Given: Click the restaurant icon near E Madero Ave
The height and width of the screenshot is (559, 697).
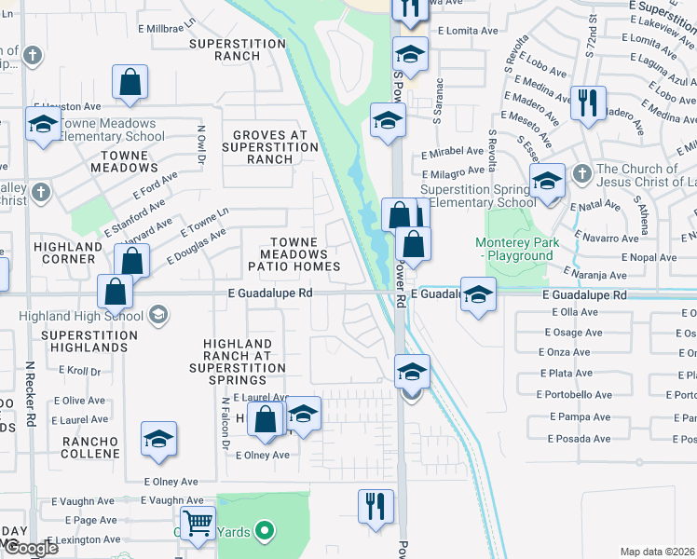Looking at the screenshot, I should click(x=588, y=102).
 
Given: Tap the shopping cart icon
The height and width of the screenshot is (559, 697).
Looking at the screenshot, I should click(x=198, y=524).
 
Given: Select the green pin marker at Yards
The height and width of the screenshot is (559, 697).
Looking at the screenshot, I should click(x=265, y=532).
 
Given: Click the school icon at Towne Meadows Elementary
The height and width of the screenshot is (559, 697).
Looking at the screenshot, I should click(x=43, y=125).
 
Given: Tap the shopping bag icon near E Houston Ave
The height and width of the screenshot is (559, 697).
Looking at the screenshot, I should click(x=130, y=82).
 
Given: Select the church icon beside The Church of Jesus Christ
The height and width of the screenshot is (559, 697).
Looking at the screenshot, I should click(x=581, y=173).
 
